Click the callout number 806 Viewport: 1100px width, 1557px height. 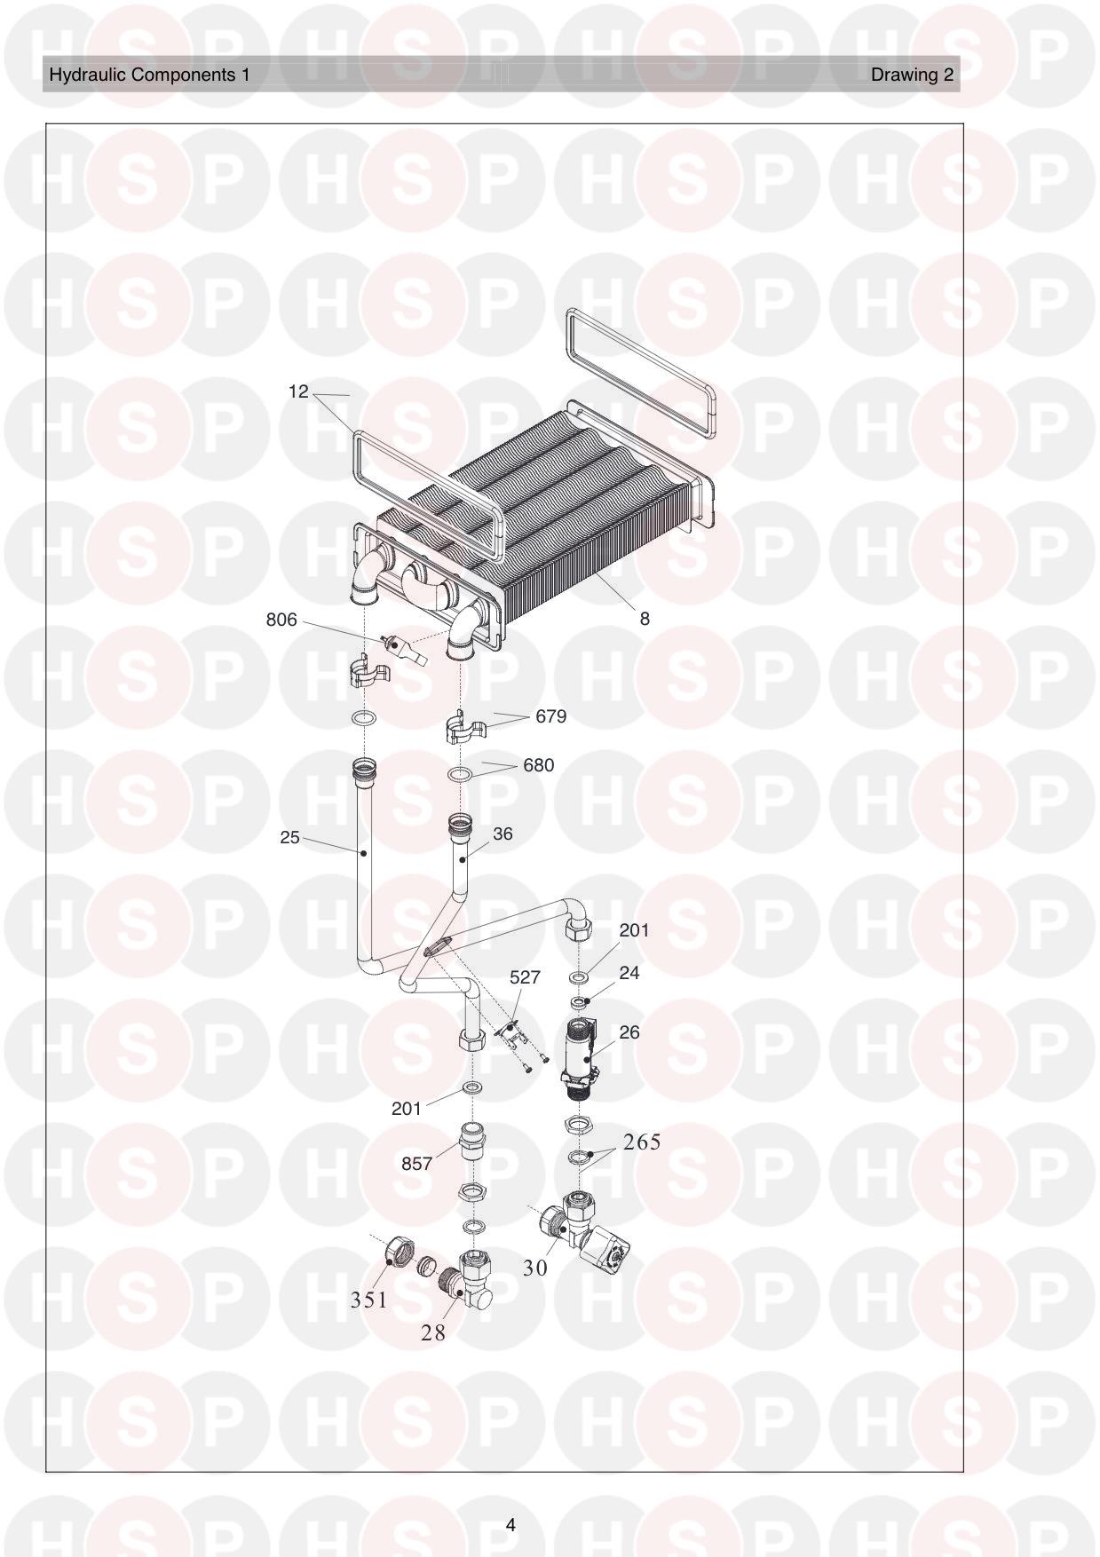coord(281,620)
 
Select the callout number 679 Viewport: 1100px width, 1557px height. coord(550,716)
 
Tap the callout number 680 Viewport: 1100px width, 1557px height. coord(538,765)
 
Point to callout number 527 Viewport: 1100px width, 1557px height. coord(525,977)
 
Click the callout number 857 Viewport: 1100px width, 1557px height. coord(416,1163)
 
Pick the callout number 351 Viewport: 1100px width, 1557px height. coord(368,1300)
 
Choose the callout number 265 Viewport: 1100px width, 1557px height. coord(642,1142)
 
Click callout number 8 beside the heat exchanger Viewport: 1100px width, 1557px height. coord(645,619)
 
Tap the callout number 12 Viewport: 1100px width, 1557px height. coord(298,391)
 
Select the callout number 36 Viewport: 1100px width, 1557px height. coord(503,834)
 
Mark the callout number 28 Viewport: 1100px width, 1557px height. coord(433,1332)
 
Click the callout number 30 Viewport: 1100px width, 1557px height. coord(535,1269)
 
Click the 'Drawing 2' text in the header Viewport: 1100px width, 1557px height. coord(912,75)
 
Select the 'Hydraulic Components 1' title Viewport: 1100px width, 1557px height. coord(149,75)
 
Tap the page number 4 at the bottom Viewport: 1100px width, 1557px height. coord(510,1525)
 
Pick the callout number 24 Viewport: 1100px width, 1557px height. coord(629,973)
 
